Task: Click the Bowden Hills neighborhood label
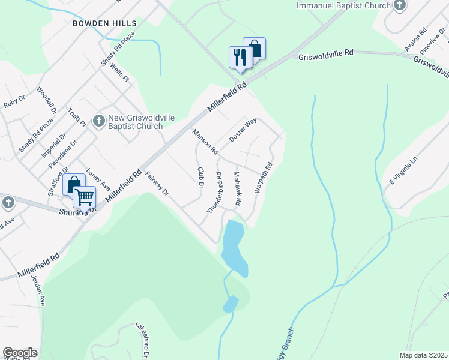coord(104,23)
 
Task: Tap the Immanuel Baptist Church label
coord(344,5)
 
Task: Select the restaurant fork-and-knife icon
coord(238,57)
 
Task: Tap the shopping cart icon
coord(84,196)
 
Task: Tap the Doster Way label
coord(243,130)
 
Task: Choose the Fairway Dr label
coord(157,184)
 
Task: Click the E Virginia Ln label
coord(402,172)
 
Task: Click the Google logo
coord(20,352)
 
